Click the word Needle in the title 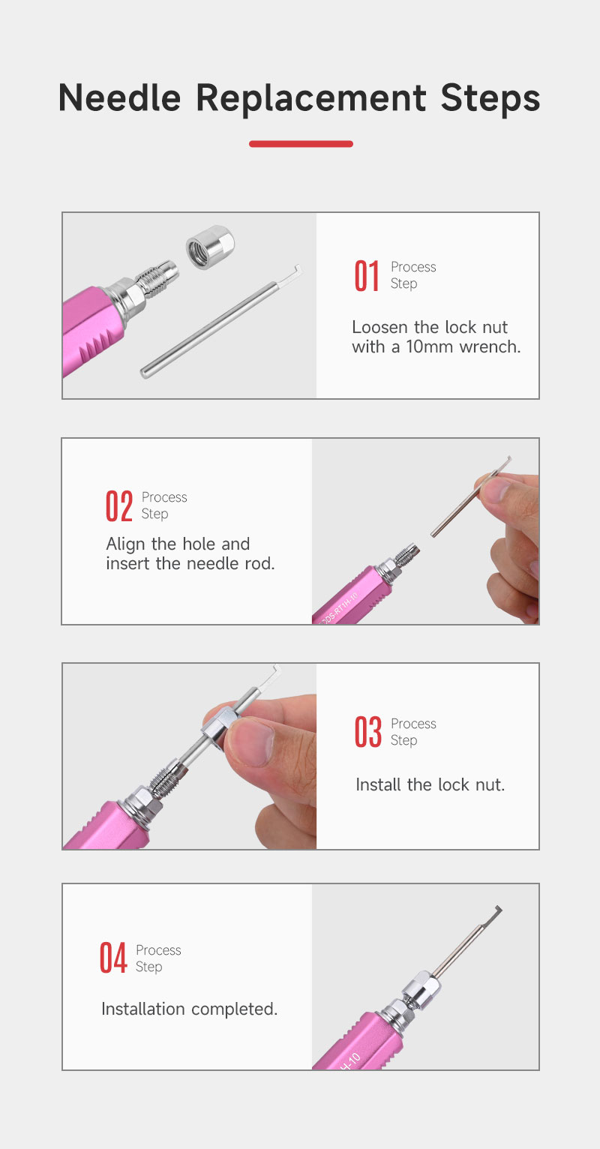[x=119, y=97]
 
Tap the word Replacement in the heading [x=310, y=98]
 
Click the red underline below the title [x=301, y=144]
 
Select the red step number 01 [x=367, y=276]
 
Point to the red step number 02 [x=119, y=505]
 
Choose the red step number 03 [x=367, y=732]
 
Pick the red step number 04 [x=113, y=958]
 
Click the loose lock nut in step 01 [x=210, y=247]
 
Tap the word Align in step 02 [x=126, y=544]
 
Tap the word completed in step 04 [x=234, y=1009]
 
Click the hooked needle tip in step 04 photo [x=496, y=911]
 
